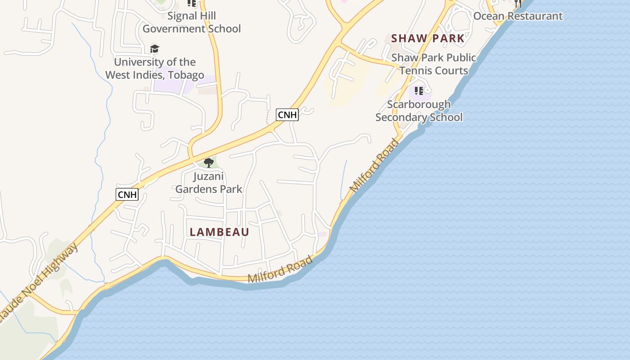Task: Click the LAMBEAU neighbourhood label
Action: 219,232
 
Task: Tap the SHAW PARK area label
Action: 427,38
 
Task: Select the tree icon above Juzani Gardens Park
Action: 208,162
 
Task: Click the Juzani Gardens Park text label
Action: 209,183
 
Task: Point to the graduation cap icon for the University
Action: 154,49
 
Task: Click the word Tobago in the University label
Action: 185,75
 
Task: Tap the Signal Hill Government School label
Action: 192,22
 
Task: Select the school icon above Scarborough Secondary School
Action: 419,91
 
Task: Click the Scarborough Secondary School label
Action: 419,111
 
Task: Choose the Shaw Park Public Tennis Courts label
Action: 434,64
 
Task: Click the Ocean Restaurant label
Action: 517,16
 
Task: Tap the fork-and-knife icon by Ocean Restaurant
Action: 518,3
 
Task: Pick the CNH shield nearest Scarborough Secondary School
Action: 287,115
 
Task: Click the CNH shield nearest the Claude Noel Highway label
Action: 127,194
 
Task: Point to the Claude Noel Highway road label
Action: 38,283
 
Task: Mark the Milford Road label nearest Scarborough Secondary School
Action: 374,166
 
